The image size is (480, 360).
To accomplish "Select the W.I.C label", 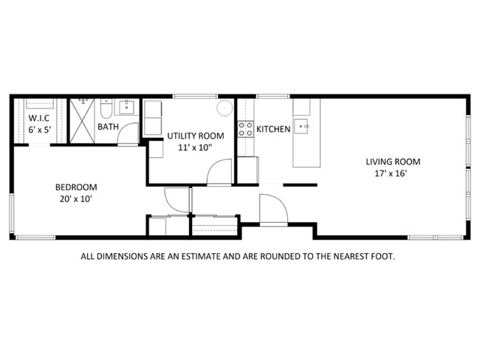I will (38, 119).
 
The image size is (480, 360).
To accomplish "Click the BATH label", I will (108, 127).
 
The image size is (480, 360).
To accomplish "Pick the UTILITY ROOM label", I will (195, 136).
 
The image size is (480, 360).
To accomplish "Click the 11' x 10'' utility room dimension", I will (195, 147).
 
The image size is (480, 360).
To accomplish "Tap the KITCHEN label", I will (273, 130).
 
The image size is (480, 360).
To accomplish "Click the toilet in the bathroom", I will (107, 109).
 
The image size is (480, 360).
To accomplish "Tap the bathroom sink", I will (126, 108).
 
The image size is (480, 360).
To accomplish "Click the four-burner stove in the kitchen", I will (245, 130).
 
